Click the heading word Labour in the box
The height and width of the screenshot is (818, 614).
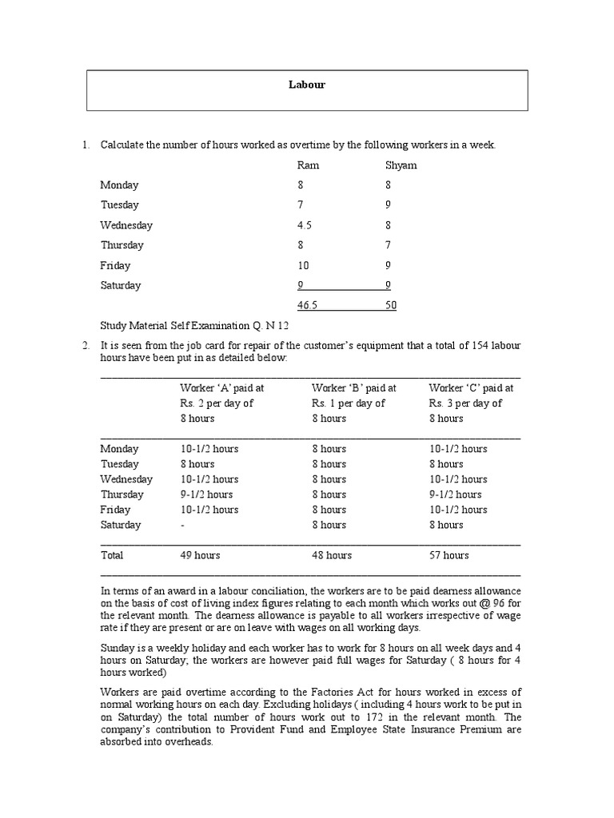[x=307, y=85]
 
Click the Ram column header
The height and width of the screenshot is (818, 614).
[x=308, y=165]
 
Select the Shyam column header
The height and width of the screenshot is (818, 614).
[x=401, y=165]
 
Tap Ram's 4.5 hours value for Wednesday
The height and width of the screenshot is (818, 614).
[x=305, y=225]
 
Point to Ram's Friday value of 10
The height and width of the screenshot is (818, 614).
[x=303, y=265]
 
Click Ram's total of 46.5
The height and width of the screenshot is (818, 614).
[x=308, y=305]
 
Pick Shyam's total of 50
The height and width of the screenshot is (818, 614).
[x=390, y=305]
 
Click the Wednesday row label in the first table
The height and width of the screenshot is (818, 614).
[x=126, y=225]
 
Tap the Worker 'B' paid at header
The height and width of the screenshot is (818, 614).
[x=354, y=387]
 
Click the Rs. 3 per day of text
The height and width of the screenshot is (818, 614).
[x=465, y=403]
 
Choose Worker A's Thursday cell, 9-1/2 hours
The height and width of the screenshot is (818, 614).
[x=206, y=494]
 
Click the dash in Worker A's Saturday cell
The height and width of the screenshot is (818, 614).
[x=182, y=525]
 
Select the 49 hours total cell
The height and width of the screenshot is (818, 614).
[x=200, y=555]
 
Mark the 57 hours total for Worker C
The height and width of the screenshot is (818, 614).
[x=449, y=555]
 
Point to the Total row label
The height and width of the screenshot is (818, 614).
[x=112, y=555]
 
